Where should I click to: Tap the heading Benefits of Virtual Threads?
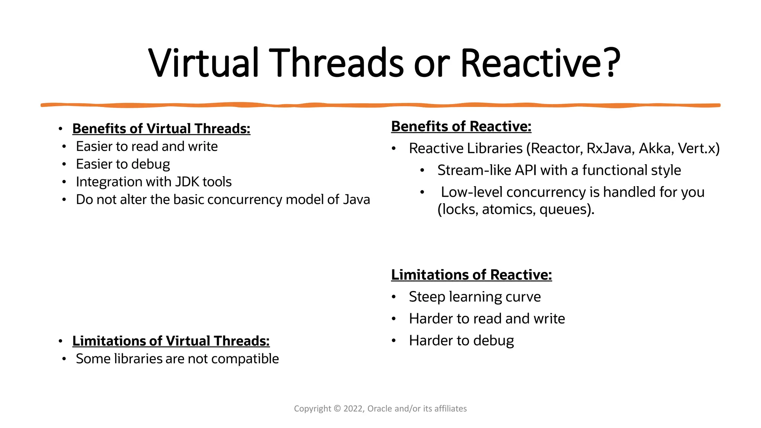(x=161, y=129)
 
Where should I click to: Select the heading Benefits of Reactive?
(x=461, y=126)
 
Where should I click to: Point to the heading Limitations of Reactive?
(x=471, y=275)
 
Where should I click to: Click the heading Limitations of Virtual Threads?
(x=171, y=341)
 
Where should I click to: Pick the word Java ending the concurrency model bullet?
(x=356, y=200)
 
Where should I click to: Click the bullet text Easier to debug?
(x=123, y=164)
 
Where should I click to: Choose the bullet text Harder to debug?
(x=461, y=341)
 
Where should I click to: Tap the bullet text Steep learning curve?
(x=475, y=297)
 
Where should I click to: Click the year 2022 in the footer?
(x=353, y=409)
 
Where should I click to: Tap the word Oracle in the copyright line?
(x=380, y=409)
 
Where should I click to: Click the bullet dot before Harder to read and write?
(x=394, y=319)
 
